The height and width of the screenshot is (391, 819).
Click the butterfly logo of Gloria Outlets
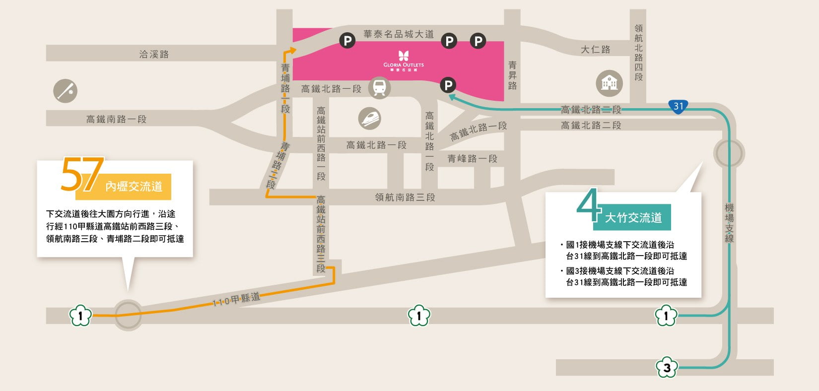point(404,56)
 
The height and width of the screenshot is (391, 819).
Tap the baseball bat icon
point(66,91)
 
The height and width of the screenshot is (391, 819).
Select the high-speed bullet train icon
point(370,119)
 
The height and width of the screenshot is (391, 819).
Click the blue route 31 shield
point(678,106)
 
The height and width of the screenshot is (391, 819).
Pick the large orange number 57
point(82,175)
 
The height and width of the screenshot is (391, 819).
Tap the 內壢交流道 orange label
point(134,187)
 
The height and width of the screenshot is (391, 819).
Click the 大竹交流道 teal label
point(633,217)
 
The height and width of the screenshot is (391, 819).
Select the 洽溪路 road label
point(154,54)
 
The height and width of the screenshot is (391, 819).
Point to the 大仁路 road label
point(596,50)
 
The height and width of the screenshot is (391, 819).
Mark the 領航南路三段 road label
point(405,197)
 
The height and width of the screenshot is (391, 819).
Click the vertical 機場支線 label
point(729,223)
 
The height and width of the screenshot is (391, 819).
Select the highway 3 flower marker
point(667,368)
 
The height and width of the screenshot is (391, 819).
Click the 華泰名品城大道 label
point(399,34)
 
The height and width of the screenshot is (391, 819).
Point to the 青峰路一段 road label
point(472,159)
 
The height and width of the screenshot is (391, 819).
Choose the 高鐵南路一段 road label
point(117,119)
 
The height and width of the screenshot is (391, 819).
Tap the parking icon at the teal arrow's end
point(448,85)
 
